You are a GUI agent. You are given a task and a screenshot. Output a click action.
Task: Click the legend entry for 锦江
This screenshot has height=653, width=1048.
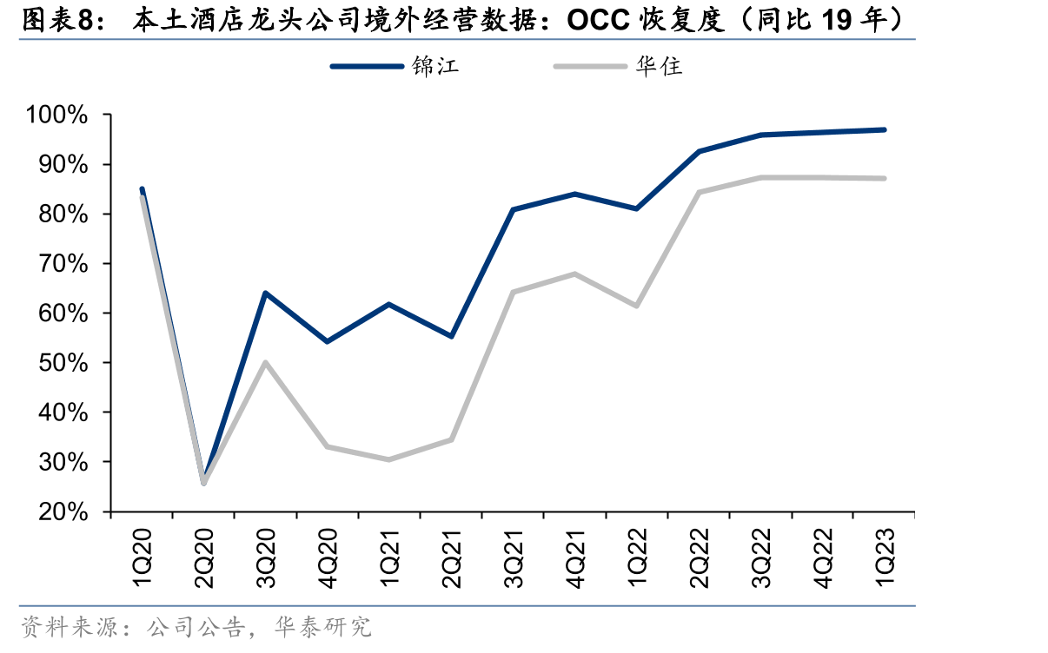click(x=395, y=66)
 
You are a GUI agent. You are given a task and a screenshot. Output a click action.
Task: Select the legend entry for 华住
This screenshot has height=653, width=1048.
click(x=618, y=66)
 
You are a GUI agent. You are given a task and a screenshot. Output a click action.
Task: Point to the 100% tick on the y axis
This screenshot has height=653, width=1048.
click(x=56, y=115)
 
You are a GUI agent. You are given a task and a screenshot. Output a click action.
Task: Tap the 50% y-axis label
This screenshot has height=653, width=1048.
click(x=63, y=363)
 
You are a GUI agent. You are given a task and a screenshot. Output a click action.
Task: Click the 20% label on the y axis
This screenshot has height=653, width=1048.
click(x=63, y=511)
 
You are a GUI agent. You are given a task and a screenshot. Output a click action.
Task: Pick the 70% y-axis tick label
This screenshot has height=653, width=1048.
click(x=63, y=264)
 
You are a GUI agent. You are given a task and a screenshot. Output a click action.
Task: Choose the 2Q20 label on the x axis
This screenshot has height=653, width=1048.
click(x=204, y=558)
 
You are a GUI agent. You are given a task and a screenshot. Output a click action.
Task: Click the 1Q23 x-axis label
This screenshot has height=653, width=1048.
click(x=885, y=558)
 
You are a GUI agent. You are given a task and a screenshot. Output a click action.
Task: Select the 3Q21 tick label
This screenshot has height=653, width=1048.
click(x=514, y=558)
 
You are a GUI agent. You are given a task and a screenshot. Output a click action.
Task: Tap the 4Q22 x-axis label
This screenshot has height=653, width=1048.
click(x=823, y=558)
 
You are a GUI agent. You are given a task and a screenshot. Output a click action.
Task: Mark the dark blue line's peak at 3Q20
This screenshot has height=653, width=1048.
click(x=265, y=294)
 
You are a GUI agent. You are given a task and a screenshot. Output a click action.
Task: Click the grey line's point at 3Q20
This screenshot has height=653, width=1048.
click(x=265, y=362)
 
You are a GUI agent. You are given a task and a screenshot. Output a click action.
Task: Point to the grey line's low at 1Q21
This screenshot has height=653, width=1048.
click(x=388, y=459)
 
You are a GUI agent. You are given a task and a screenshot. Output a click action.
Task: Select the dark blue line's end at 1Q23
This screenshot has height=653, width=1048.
click(x=884, y=129)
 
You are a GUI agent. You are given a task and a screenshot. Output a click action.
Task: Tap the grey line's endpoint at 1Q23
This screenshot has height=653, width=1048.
click(x=884, y=178)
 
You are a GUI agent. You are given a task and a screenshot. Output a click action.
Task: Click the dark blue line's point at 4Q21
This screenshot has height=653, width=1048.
click(x=574, y=194)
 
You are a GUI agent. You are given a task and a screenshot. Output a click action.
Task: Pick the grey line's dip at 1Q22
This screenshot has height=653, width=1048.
click(x=636, y=306)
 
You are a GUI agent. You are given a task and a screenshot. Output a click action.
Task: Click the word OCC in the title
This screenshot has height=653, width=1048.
click(x=599, y=20)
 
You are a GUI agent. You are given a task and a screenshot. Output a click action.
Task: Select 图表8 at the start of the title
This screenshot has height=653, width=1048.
click(x=58, y=20)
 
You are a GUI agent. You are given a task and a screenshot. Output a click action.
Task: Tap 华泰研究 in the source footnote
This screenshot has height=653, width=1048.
click(x=322, y=627)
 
